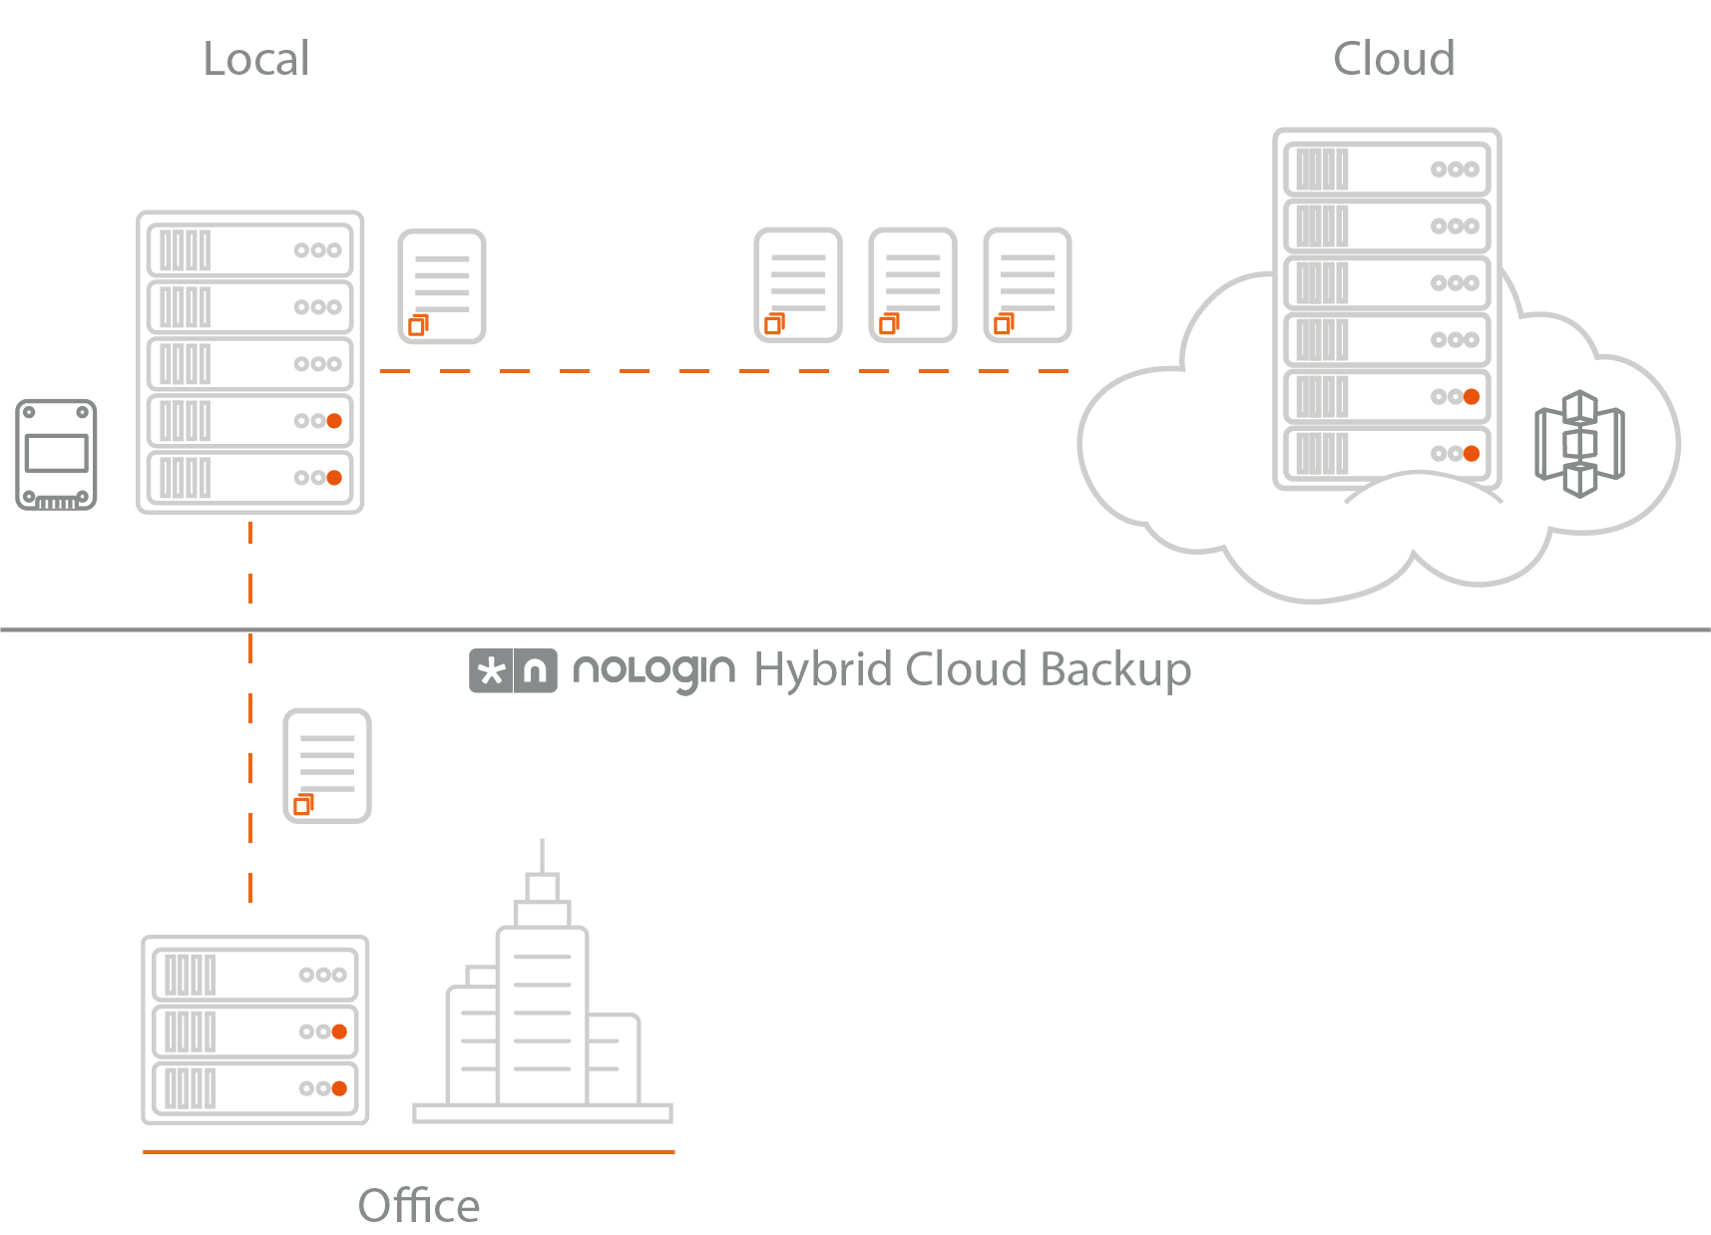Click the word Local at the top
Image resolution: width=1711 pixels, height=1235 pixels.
click(x=256, y=59)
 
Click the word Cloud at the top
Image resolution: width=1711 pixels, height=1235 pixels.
click(x=1394, y=59)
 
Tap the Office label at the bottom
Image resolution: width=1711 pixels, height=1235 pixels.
click(x=419, y=1206)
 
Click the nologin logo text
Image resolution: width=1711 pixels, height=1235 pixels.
click(x=653, y=670)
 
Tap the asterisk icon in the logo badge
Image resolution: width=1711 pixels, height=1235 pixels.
click(x=491, y=671)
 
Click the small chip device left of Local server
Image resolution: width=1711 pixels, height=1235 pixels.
click(x=57, y=455)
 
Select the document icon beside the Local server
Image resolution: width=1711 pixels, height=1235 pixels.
click(x=442, y=286)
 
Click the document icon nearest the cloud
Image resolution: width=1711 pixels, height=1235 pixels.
click(x=1028, y=285)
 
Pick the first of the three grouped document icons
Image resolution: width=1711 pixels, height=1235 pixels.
click(x=798, y=285)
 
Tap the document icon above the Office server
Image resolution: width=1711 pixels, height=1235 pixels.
click(x=327, y=765)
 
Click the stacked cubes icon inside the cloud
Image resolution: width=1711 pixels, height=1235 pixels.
click(x=1579, y=444)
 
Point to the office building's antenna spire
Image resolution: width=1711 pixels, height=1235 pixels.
click(x=542, y=856)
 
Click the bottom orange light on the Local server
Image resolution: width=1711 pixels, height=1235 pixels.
click(x=335, y=478)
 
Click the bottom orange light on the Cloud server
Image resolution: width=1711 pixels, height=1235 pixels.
click(x=1472, y=454)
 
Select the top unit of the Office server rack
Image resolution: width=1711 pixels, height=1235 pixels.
click(x=255, y=975)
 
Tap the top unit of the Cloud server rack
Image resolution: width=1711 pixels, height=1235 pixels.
click(x=1387, y=170)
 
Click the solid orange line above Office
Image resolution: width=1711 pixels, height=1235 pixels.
click(x=409, y=1152)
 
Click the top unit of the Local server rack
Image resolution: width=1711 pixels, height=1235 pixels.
click(x=249, y=250)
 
